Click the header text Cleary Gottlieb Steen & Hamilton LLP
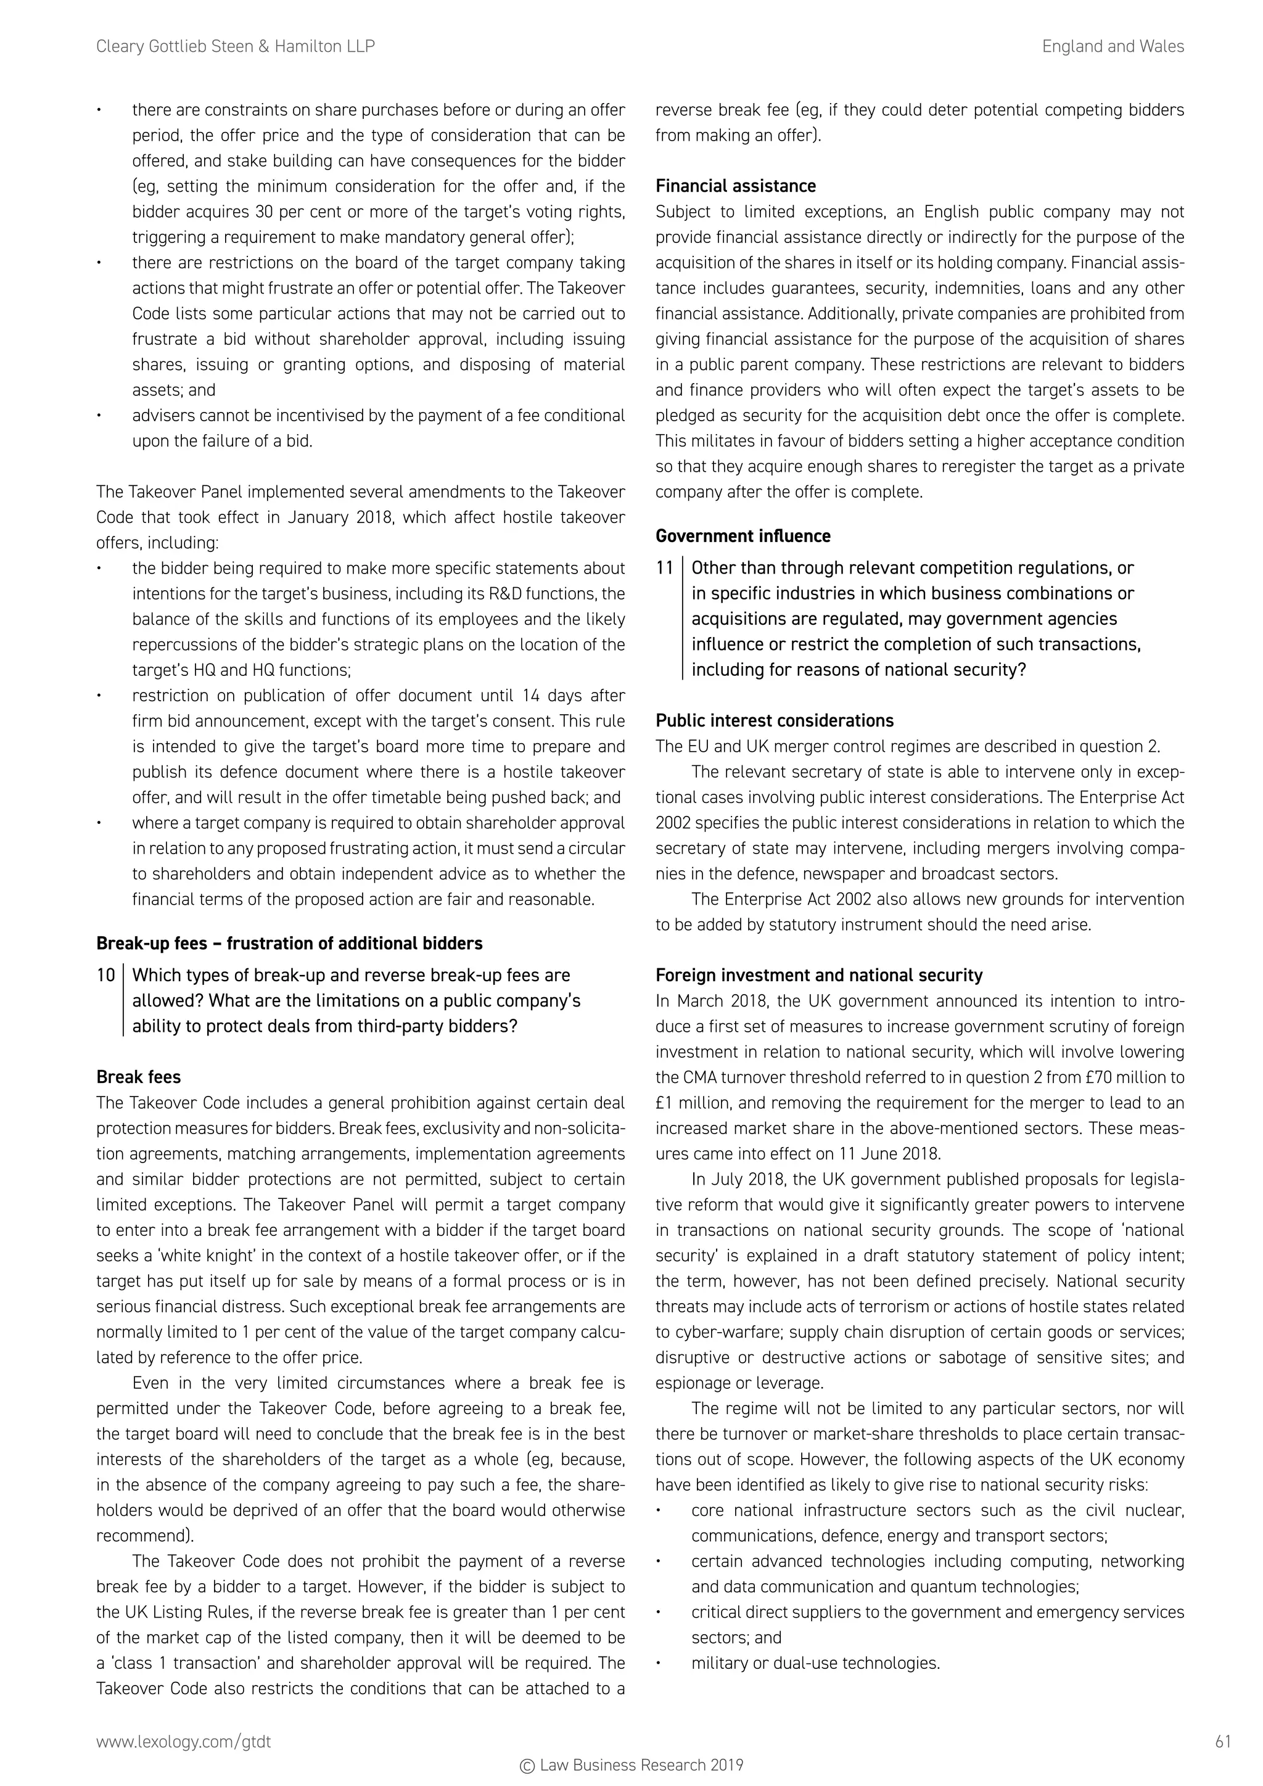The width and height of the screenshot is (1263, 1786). pyautogui.click(x=235, y=47)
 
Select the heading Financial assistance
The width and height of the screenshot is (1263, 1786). pyautogui.click(x=735, y=186)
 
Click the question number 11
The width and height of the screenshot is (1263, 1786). pyautogui.click(x=664, y=568)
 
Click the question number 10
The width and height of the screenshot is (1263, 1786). pyautogui.click(x=105, y=976)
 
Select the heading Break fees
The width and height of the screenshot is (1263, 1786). pyautogui.click(x=138, y=1077)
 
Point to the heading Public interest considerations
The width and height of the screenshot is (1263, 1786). pyautogui.click(x=774, y=720)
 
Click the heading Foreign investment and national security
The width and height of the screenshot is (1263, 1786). pyautogui.click(x=818, y=976)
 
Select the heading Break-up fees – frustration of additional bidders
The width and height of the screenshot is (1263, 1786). pyautogui.click(x=289, y=944)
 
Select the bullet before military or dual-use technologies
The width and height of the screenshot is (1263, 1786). pyautogui.click(x=658, y=1664)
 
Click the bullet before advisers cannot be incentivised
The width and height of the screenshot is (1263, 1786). pyautogui.click(x=99, y=416)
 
